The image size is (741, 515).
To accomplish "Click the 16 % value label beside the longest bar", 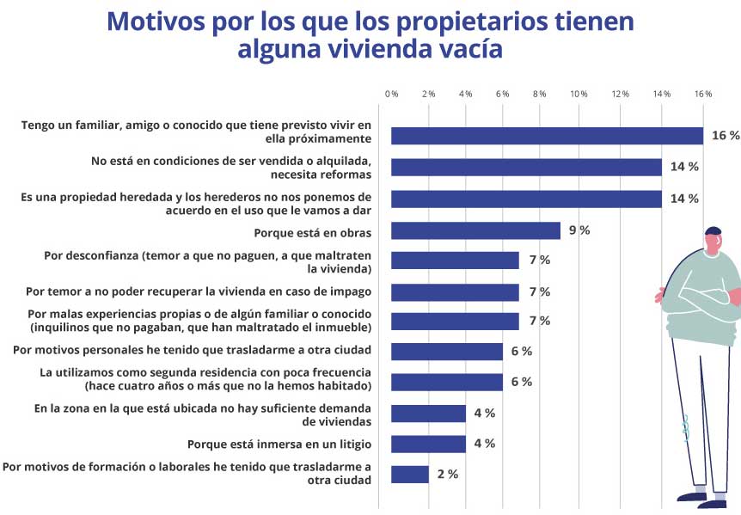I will pyautogui.click(x=725, y=136).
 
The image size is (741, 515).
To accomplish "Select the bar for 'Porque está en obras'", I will pyautogui.click(x=475, y=230).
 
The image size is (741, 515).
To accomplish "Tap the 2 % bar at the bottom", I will pyautogui.click(x=410, y=474).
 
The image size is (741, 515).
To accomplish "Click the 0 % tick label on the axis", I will pyautogui.click(x=392, y=93).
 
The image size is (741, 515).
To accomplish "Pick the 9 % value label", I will pyautogui.click(x=578, y=230).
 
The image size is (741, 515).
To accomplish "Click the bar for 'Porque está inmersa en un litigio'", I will pyautogui.click(x=428, y=444).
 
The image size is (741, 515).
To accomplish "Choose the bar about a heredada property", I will pyautogui.click(x=526, y=199).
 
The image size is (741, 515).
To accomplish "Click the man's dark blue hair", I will pyautogui.click(x=713, y=230).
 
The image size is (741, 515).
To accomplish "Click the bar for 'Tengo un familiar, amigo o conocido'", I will pyautogui.click(x=547, y=136).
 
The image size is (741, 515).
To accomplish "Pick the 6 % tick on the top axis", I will pyautogui.click(x=503, y=93).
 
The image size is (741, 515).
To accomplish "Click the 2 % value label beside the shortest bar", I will pyautogui.click(x=447, y=474).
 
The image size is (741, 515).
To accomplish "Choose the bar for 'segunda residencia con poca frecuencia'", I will pyautogui.click(x=447, y=382).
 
